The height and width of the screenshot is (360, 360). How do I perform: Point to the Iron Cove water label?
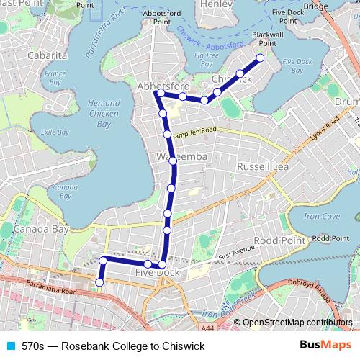(321, 216)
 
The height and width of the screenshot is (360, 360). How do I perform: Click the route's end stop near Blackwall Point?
(261, 58)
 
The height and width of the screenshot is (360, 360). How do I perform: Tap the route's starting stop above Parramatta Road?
(99, 282)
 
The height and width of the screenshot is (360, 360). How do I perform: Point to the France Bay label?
(55, 77)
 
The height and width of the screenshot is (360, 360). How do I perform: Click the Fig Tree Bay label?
(207, 58)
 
